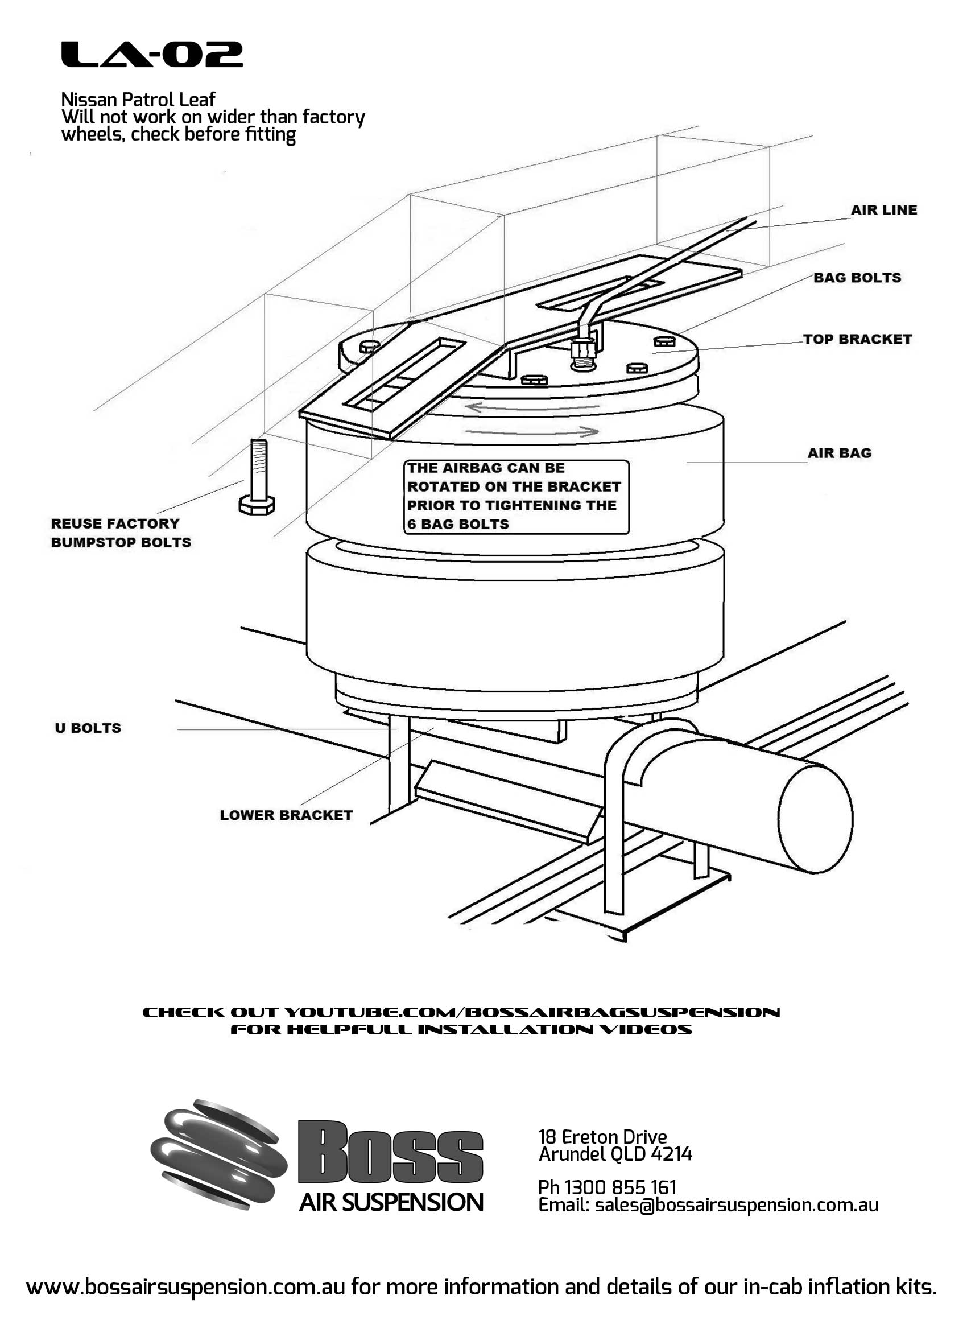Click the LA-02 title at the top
(x=152, y=55)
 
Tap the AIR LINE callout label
(x=883, y=209)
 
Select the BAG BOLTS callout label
(x=857, y=278)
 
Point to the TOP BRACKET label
(x=857, y=339)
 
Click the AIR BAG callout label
(x=839, y=452)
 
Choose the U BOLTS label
(x=88, y=728)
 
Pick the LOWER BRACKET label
(x=286, y=815)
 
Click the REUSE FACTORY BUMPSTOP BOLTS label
(x=121, y=533)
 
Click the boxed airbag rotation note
(x=516, y=496)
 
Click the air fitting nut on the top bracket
(x=582, y=350)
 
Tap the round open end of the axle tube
(x=815, y=819)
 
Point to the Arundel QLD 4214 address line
(x=615, y=1154)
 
